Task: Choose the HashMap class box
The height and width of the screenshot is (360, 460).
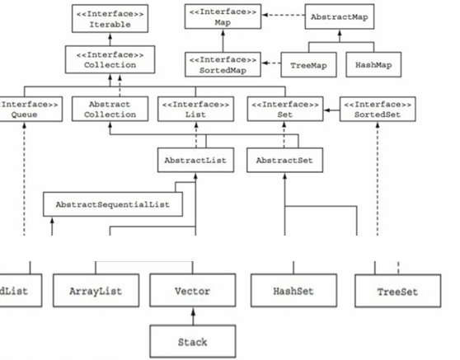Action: (x=372, y=63)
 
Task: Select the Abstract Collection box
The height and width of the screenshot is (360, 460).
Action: (x=110, y=110)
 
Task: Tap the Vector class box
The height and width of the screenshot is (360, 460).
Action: (x=191, y=292)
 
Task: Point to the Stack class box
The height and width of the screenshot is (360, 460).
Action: (x=191, y=339)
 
